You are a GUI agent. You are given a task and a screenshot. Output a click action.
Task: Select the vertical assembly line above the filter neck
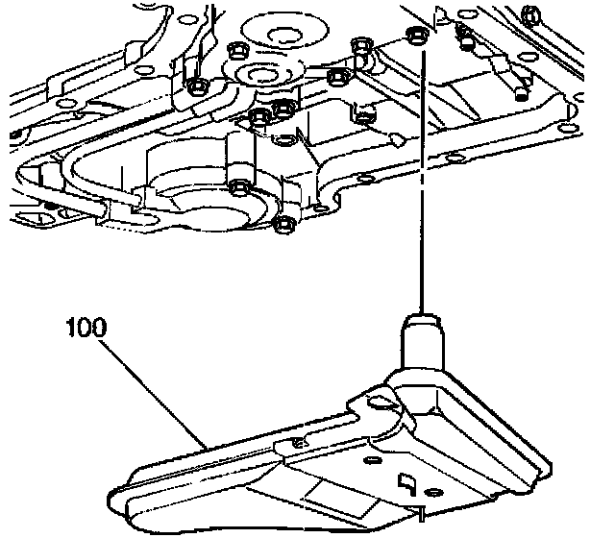(419, 192)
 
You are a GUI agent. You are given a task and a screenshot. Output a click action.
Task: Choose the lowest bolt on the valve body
(283, 226)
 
